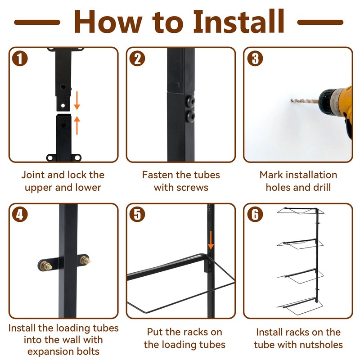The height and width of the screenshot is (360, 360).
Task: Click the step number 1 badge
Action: pos(20,58)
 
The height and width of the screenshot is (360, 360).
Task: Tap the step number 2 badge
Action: pos(137,58)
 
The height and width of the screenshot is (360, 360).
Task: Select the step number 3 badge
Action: pos(255,58)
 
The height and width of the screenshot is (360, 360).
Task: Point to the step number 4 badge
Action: pos(20,215)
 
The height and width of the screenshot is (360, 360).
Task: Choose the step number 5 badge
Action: pos(137,215)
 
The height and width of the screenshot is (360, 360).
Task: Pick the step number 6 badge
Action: pos(255,215)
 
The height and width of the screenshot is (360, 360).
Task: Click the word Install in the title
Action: pos(239,22)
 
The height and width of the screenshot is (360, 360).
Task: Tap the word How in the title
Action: pos(108,22)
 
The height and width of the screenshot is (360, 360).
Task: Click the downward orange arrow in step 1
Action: pos(77,100)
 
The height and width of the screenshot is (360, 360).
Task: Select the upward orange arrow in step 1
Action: pos(77,126)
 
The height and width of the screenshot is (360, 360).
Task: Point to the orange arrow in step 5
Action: pos(211,240)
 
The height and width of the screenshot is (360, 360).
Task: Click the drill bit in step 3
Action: pos(305,100)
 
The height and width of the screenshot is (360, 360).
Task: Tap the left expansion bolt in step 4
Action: pos(46,266)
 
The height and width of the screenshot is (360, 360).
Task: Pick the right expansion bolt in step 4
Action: pos(85,260)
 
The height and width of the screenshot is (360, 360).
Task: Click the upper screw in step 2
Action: pos(190,101)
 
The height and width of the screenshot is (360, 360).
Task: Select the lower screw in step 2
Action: pos(190,116)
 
